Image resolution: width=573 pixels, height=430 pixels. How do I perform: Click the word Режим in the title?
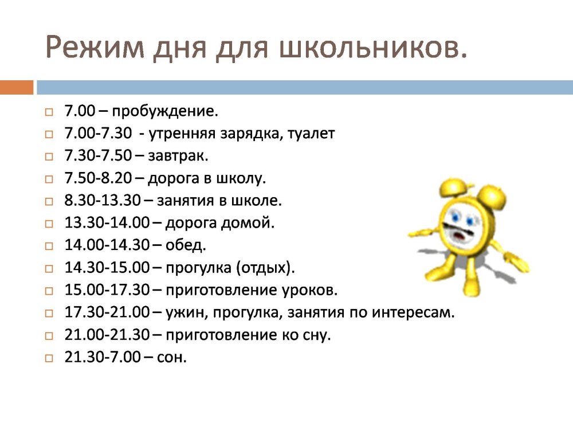(95, 48)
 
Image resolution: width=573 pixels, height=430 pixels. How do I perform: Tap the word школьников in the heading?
(368, 47)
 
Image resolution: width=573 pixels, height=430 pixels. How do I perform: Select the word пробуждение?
(165, 111)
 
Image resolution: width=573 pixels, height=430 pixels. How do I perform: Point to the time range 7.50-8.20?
(98, 178)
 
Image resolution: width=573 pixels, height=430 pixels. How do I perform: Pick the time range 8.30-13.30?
(103, 200)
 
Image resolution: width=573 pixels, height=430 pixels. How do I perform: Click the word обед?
(186, 245)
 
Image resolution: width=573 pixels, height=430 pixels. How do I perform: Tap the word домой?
(248, 222)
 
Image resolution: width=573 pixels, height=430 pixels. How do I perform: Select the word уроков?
(309, 290)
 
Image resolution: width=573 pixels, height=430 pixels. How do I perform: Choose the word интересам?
(413, 312)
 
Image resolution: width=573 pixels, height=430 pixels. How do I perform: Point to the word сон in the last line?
(171, 357)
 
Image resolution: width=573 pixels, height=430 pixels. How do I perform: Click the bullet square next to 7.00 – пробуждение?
(49, 112)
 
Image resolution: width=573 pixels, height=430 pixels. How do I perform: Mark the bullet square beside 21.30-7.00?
(49, 358)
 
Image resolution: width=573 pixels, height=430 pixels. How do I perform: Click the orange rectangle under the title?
(17, 87)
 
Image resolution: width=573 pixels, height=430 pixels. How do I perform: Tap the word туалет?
(311, 134)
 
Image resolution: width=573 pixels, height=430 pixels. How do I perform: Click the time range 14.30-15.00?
(107, 268)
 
